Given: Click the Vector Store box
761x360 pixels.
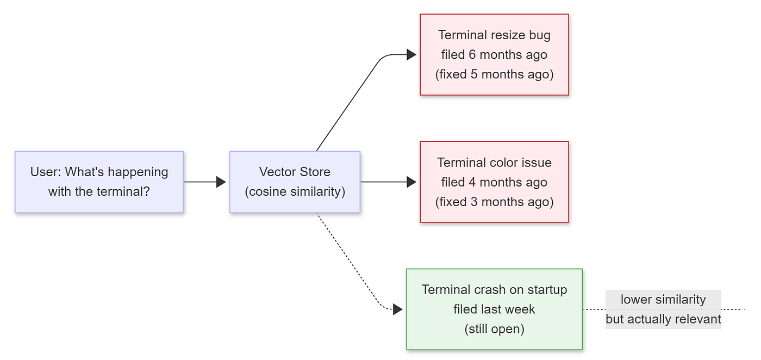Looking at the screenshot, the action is pyautogui.click(x=295, y=182).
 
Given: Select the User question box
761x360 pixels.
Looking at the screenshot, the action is pyautogui.click(x=99, y=182).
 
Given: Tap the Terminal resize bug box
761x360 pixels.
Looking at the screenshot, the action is pyautogui.click(x=494, y=54).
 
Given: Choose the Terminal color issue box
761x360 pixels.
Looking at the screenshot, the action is pyautogui.click(x=494, y=182).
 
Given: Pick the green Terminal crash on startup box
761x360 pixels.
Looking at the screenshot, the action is pyautogui.click(x=494, y=309).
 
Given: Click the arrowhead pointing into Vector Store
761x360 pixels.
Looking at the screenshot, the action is pyautogui.click(x=221, y=182).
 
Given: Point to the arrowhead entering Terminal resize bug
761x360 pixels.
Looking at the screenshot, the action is pyautogui.click(x=411, y=54).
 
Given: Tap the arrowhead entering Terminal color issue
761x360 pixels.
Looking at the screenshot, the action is pyautogui.click(x=411, y=182).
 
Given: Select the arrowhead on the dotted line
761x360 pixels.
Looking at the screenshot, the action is pyautogui.click(x=398, y=309).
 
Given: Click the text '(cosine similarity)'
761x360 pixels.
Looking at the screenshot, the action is pyautogui.click(x=295, y=192).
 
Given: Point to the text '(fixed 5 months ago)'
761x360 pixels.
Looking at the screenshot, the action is pyautogui.click(x=494, y=74).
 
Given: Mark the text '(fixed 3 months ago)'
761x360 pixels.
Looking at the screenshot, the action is pyautogui.click(x=494, y=202).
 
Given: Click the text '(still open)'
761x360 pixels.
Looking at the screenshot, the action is pyautogui.click(x=494, y=329).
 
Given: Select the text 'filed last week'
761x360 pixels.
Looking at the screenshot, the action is pyautogui.click(x=494, y=309).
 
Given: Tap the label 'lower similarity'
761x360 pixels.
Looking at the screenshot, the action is pyautogui.click(x=663, y=300).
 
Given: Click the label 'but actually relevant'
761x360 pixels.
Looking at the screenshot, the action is pyautogui.click(x=663, y=319).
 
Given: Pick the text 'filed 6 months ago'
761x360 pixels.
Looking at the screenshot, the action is pyautogui.click(x=494, y=55).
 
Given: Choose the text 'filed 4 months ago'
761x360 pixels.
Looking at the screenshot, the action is pyautogui.click(x=494, y=182).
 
